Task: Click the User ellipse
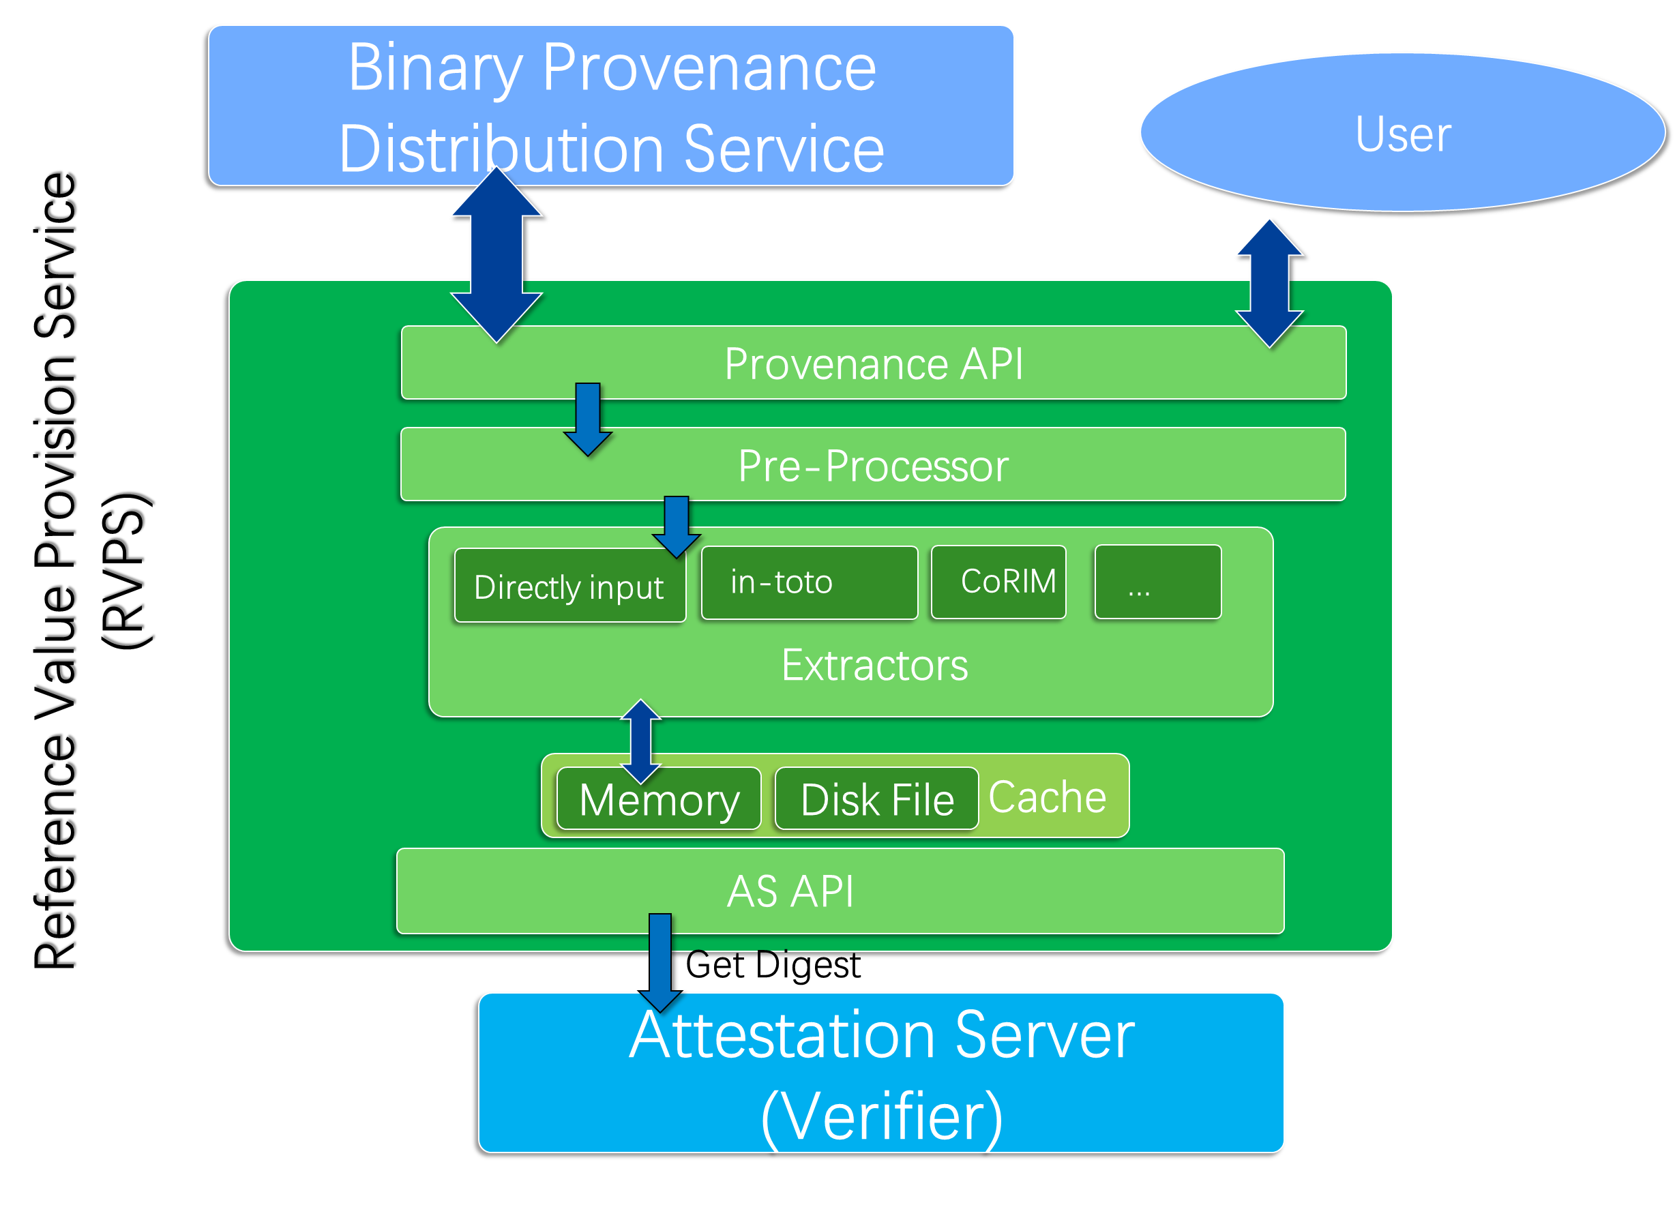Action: [1402, 133]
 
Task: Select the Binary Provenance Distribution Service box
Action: [612, 106]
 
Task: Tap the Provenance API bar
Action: [874, 363]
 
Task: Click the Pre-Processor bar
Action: [874, 465]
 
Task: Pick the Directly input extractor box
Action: [569, 588]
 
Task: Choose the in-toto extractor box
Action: [809, 582]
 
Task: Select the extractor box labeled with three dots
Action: [1157, 582]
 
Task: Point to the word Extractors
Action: [874, 666]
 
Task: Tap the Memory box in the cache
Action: [659, 800]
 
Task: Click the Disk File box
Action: [876, 800]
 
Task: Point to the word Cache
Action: [1048, 797]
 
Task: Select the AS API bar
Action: [790, 891]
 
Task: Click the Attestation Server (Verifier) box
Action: [881, 1073]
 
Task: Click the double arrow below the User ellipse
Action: [1269, 283]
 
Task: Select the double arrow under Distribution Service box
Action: [496, 256]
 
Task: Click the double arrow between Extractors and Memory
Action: [640, 741]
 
